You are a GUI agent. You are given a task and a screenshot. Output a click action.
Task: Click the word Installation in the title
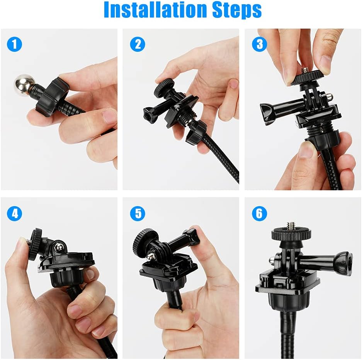point(156,10)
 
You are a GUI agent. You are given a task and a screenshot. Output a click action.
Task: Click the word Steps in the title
point(237,10)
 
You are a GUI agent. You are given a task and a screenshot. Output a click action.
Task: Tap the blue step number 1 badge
point(15,44)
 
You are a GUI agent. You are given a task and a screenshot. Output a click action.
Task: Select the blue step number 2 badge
point(138,44)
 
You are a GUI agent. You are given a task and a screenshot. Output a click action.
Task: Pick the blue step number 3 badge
point(260,44)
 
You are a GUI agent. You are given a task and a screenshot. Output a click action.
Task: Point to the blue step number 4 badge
point(15,213)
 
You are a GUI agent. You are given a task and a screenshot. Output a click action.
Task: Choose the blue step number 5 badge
point(138,213)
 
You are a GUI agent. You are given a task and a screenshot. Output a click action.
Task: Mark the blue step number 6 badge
point(260,213)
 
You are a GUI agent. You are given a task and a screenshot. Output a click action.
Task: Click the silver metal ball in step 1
point(25,84)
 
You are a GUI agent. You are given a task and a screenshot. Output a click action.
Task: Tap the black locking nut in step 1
point(53,97)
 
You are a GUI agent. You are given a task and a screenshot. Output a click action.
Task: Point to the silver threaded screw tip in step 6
point(291,225)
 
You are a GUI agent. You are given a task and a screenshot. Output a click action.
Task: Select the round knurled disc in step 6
point(291,234)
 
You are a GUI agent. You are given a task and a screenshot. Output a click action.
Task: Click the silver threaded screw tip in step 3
point(304,70)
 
